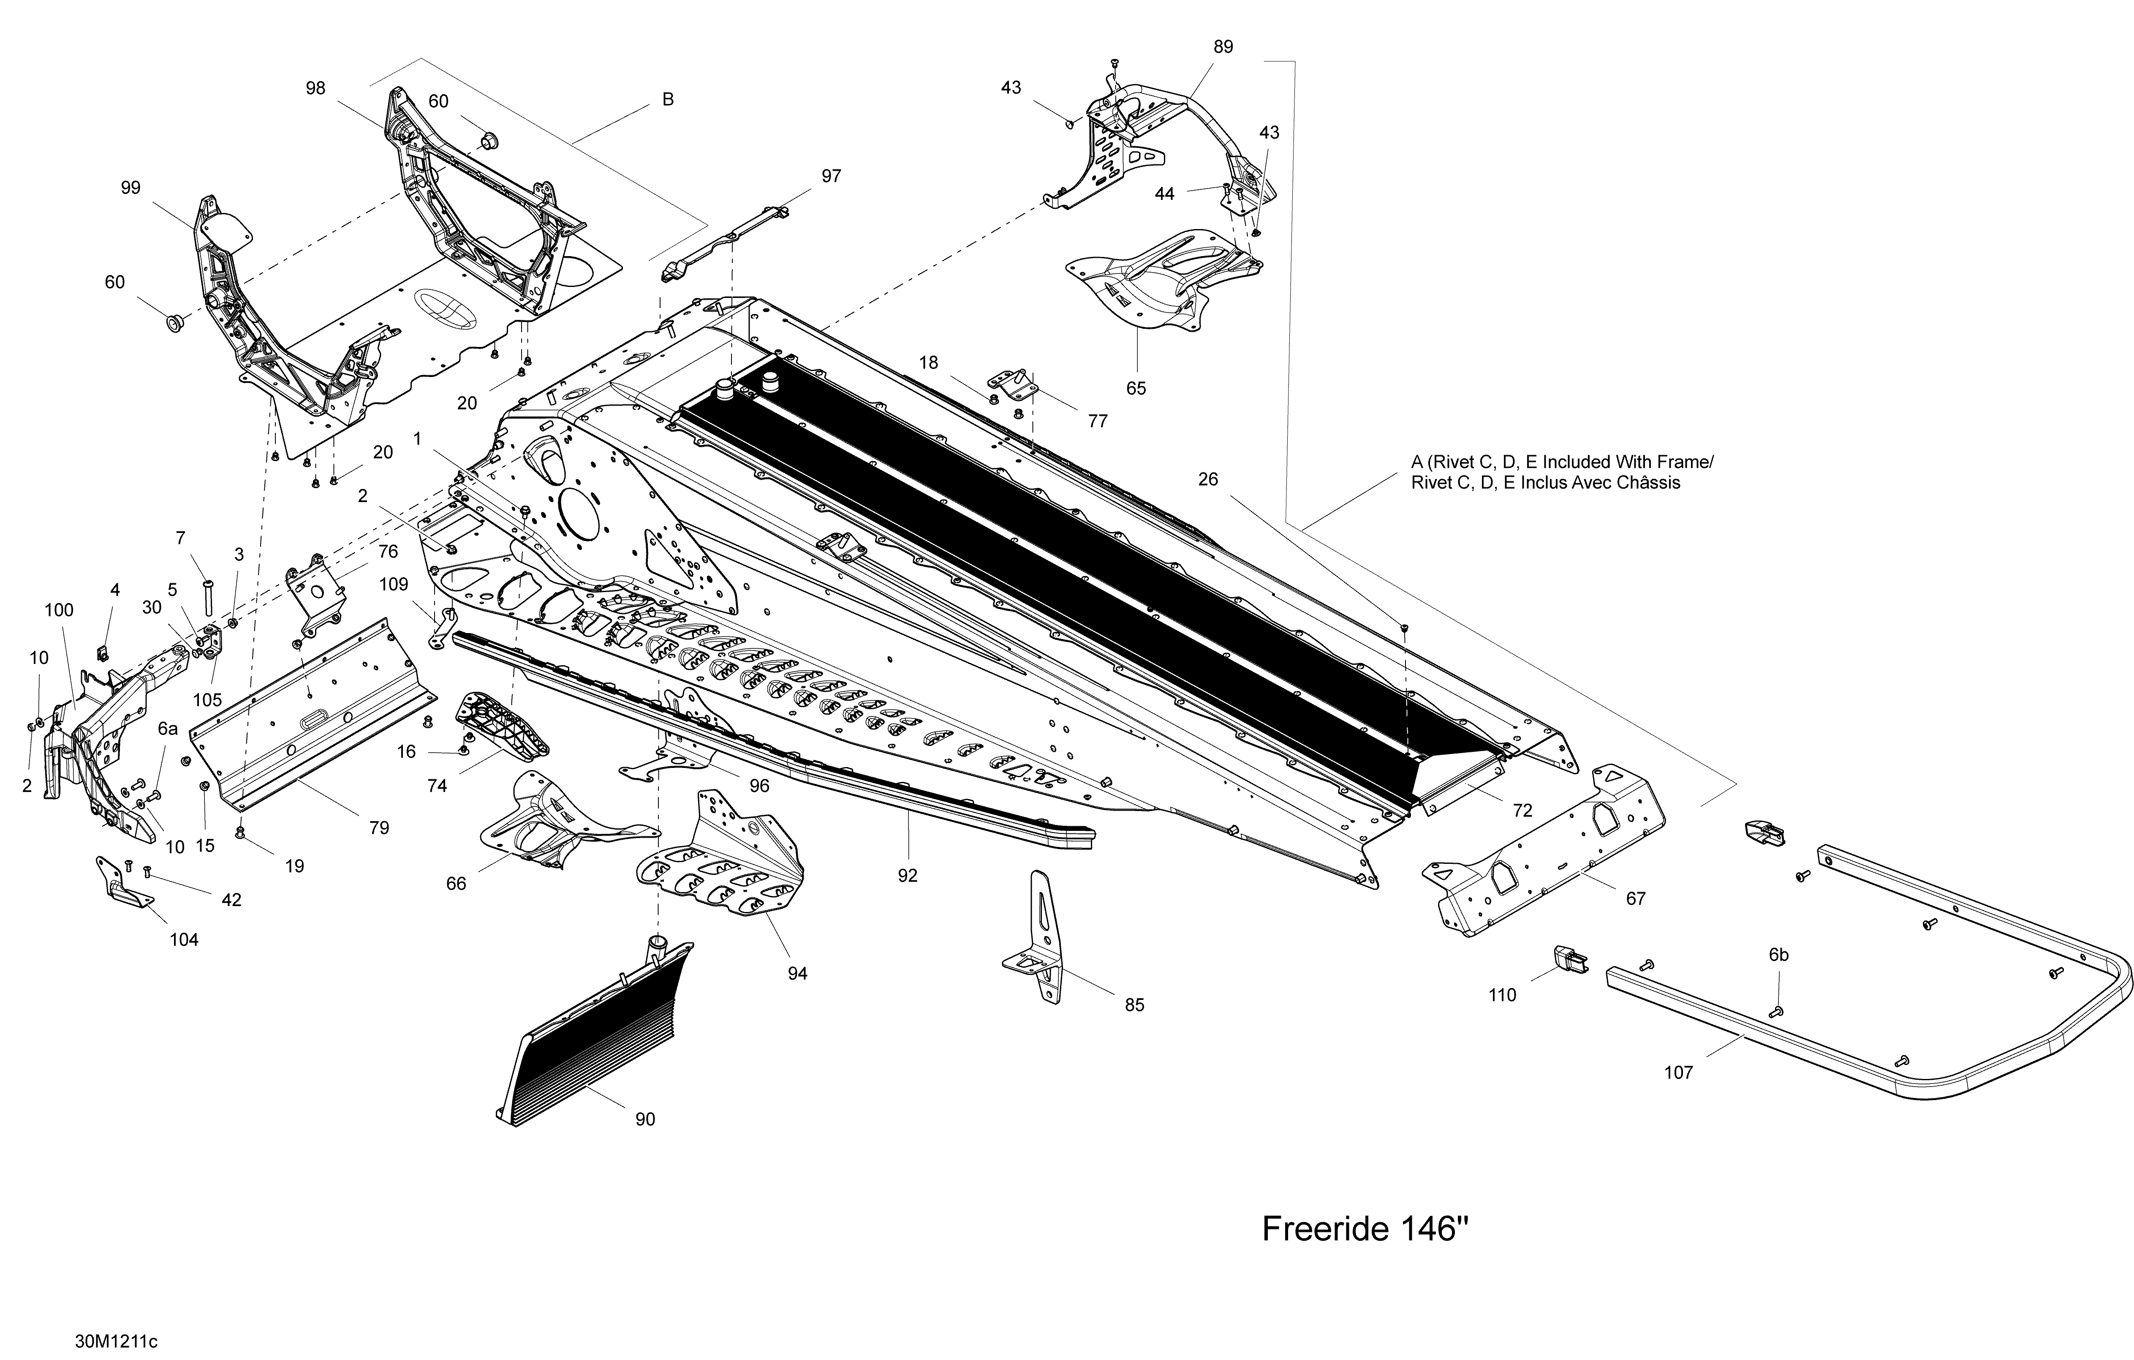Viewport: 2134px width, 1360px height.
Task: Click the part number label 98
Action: click(x=315, y=89)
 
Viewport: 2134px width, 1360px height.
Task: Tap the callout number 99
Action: click(x=130, y=188)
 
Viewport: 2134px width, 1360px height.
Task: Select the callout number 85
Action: click(x=1134, y=1005)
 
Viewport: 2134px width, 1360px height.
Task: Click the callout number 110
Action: click(x=1502, y=996)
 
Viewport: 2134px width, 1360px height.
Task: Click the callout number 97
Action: click(x=831, y=176)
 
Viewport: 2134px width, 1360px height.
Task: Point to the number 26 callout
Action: click(x=1208, y=480)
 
